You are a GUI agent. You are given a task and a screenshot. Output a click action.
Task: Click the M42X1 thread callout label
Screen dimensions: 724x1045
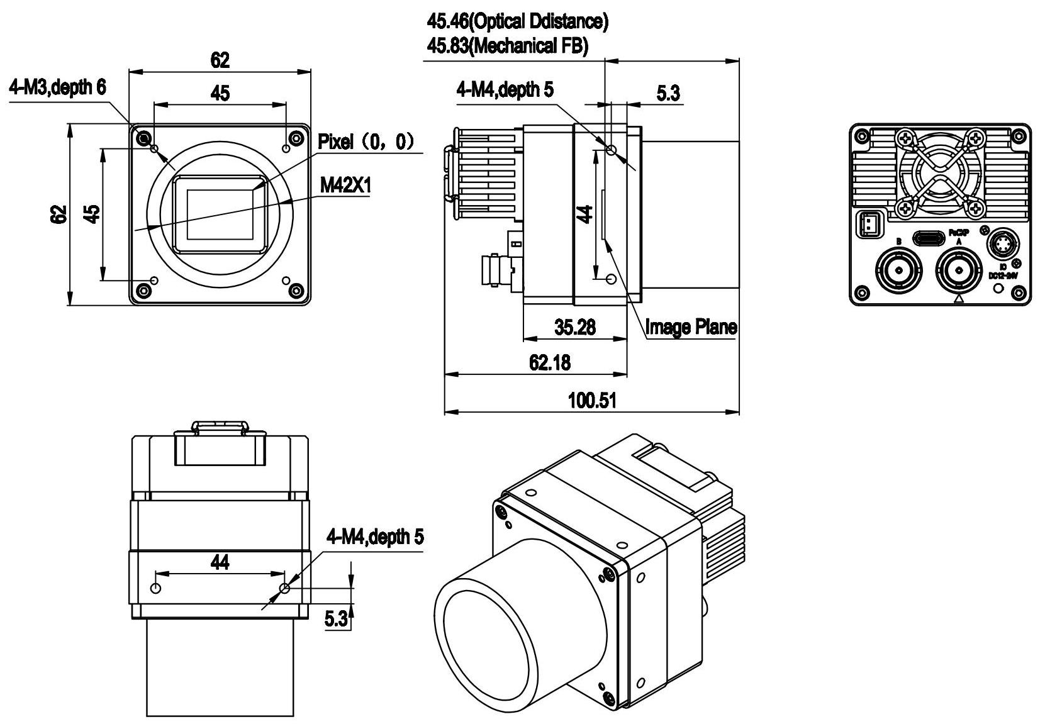coord(345,186)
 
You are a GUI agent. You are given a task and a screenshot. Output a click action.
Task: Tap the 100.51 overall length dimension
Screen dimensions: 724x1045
coord(591,400)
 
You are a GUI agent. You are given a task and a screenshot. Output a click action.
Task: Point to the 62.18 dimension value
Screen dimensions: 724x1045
coord(550,363)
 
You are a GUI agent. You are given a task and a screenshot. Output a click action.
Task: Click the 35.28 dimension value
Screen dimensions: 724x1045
coord(574,327)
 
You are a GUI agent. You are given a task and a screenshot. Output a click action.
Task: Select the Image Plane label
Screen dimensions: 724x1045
coord(691,327)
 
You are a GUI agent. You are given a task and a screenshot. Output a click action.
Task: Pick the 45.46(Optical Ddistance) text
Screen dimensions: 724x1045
coord(518,22)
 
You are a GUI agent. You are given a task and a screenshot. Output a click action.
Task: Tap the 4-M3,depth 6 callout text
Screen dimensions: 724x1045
coord(57,88)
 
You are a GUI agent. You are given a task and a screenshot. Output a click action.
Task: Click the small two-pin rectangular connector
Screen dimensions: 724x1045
coord(868,223)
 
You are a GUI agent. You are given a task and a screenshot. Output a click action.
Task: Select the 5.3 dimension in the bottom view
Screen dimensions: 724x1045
coord(335,620)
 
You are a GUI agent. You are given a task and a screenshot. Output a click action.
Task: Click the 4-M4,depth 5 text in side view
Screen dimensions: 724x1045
coord(505,91)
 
